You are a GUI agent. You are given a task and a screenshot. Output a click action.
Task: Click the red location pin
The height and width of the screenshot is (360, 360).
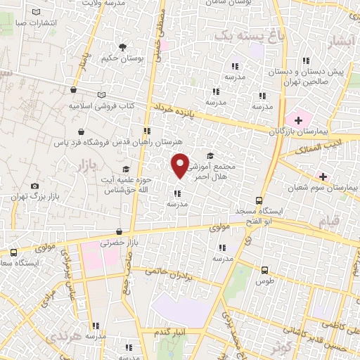(181, 165)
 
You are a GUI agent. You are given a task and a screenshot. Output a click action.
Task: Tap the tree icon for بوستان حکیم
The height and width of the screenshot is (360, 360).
(123, 47)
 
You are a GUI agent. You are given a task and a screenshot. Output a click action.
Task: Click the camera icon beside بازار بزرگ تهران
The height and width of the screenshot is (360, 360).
(35, 186)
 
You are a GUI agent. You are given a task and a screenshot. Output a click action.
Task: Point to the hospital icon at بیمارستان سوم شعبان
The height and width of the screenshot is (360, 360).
(323, 176)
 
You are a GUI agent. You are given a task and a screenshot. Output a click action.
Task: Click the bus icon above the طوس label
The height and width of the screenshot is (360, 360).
(264, 269)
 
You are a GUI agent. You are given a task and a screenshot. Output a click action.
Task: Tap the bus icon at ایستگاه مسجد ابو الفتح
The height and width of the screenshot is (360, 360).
(259, 200)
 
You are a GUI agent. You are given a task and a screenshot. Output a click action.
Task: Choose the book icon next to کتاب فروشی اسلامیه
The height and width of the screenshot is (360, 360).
(102, 95)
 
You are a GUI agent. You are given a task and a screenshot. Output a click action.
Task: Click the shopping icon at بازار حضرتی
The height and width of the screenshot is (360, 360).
(119, 231)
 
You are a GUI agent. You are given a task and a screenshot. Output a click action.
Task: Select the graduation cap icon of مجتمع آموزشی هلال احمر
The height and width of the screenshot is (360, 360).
(210, 156)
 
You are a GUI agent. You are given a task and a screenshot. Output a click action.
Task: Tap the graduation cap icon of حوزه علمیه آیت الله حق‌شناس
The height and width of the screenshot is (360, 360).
(126, 169)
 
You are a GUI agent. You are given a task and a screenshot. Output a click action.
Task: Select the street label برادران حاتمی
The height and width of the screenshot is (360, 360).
(169, 271)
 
